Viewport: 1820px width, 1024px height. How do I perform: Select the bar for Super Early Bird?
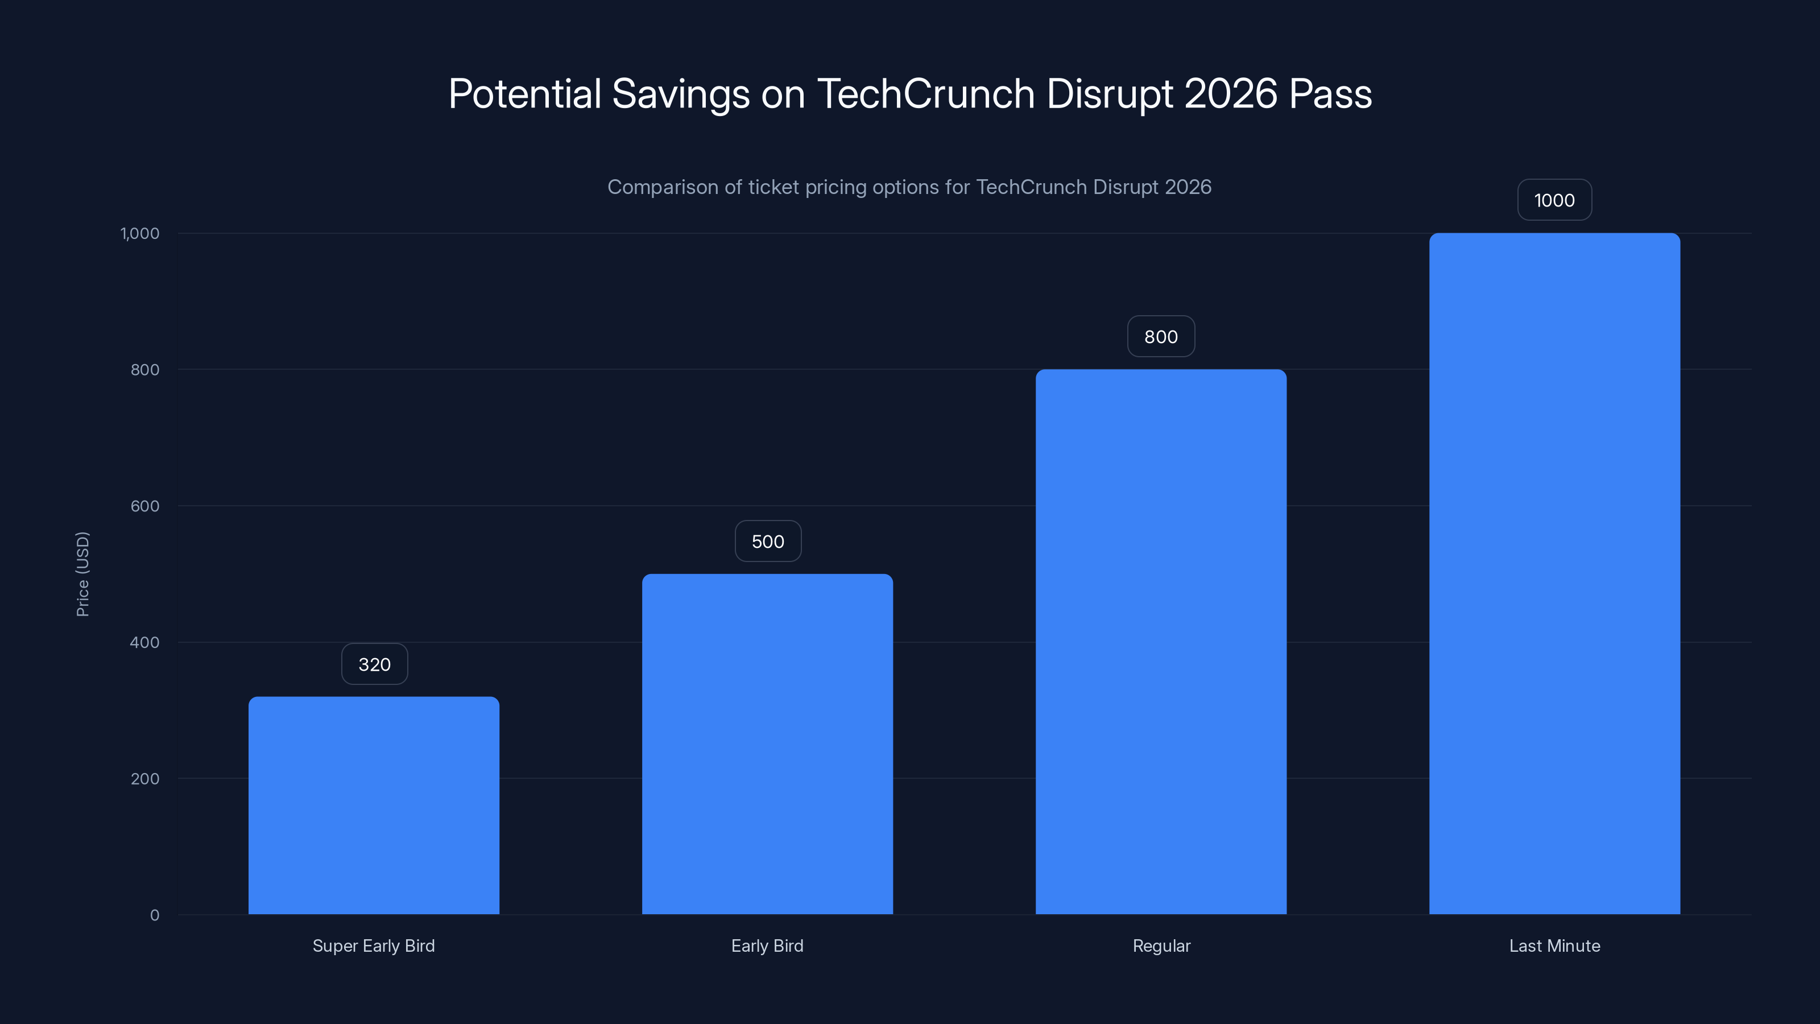coord(374,806)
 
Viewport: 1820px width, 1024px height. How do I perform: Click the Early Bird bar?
coord(767,744)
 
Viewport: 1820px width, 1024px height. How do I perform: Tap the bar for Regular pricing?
coord(1161,642)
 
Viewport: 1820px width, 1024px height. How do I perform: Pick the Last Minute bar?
coord(1554,574)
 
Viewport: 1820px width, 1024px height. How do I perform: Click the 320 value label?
coord(374,664)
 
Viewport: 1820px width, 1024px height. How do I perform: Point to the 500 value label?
coord(768,542)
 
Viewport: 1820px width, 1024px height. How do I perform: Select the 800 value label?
coord(1161,336)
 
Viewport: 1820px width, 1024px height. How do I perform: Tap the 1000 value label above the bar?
coord(1554,200)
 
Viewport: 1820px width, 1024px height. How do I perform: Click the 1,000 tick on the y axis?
coord(140,233)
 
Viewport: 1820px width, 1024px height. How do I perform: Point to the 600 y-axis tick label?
coord(145,506)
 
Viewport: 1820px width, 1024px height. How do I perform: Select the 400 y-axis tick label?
coord(145,642)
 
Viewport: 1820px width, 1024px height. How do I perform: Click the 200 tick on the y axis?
coord(145,779)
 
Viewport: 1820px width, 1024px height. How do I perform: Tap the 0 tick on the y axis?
coord(155,915)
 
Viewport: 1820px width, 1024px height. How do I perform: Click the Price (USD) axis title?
coord(82,574)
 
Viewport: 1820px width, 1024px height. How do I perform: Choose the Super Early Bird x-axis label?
coord(374,945)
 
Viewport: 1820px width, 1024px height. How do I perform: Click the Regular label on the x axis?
coord(1161,945)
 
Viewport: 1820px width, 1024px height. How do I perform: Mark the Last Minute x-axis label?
coord(1554,945)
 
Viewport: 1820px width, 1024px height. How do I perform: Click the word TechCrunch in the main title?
coord(925,93)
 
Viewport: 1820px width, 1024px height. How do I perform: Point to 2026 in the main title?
coord(1230,93)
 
